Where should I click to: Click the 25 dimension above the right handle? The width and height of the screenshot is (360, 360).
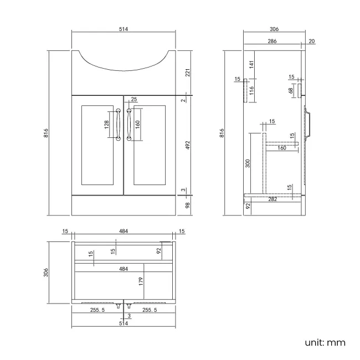pos(133,100)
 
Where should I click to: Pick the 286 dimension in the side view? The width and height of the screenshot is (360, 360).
pos(272,41)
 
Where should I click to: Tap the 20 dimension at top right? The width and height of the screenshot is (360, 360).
pos(312,41)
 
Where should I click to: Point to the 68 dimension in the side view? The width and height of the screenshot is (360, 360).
pos(290,90)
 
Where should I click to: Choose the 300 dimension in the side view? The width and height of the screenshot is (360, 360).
pos(248,163)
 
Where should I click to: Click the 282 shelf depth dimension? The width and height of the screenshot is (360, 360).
pos(272,198)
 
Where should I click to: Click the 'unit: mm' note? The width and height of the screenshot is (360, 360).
pos(325,342)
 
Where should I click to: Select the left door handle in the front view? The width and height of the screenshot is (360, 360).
pos(118,125)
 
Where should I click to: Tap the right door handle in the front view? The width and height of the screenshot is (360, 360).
pos(129,125)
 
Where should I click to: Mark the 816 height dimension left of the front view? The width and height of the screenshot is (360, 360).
pos(45,133)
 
